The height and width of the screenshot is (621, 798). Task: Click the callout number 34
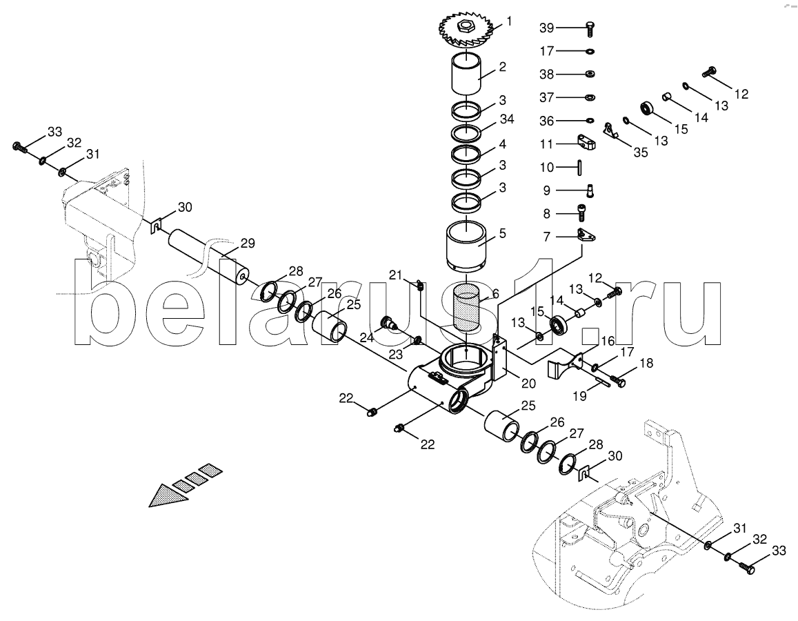tap(507, 119)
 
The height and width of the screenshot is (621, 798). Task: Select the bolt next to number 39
tap(590, 28)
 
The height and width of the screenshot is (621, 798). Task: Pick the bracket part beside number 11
tap(587, 143)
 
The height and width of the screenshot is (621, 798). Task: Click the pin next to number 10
tap(580, 166)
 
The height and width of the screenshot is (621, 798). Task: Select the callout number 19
tap(580, 395)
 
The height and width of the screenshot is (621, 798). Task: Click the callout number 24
tap(366, 337)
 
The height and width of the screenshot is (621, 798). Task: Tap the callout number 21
tap(395, 275)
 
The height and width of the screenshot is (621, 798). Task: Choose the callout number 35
tap(641, 152)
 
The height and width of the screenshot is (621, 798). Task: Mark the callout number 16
tap(608, 341)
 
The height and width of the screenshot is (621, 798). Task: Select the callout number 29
tap(248, 244)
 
